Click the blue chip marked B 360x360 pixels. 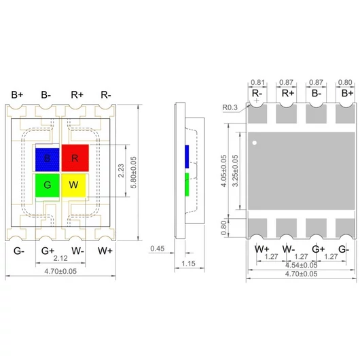47,158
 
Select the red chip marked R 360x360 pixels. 73,158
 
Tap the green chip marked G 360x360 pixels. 47,185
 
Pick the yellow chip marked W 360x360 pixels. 73,185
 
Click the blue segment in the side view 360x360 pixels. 186,156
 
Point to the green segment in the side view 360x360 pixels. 186,183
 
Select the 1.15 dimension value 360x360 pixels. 190,262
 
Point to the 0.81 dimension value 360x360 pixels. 257,82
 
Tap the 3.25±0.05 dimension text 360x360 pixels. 236,173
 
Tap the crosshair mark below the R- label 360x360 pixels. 255,103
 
